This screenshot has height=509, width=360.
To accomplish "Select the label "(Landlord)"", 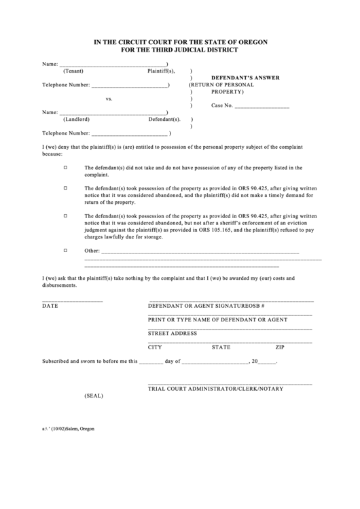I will tap(76, 119).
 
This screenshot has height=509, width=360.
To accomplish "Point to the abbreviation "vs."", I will tap(109, 99).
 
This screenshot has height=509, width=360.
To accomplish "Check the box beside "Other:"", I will tap(66, 250).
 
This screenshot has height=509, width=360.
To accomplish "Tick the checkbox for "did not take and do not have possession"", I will tap(66, 167).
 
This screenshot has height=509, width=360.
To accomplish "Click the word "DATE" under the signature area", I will tap(50, 306).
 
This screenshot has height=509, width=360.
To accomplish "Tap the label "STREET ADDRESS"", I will tap(173, 333).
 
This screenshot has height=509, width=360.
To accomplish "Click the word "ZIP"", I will tap(279, 347).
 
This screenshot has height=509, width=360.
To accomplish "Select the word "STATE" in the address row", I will tap(221, 347).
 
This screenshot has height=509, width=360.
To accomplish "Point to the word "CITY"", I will tap(155, 347).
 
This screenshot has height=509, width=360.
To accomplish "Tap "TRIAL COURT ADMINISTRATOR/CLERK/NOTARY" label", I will tap(216, 387).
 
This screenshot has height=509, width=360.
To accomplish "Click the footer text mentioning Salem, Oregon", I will tap(68, 429).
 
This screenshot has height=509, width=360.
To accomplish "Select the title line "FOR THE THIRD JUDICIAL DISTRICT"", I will tap(180, 50).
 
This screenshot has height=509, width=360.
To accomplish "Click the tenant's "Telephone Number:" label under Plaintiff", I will tap(66, 85).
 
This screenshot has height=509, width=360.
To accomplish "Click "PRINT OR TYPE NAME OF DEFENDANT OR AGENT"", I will tap(217, 319).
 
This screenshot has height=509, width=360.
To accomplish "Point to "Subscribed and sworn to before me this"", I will tap(90, 362).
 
